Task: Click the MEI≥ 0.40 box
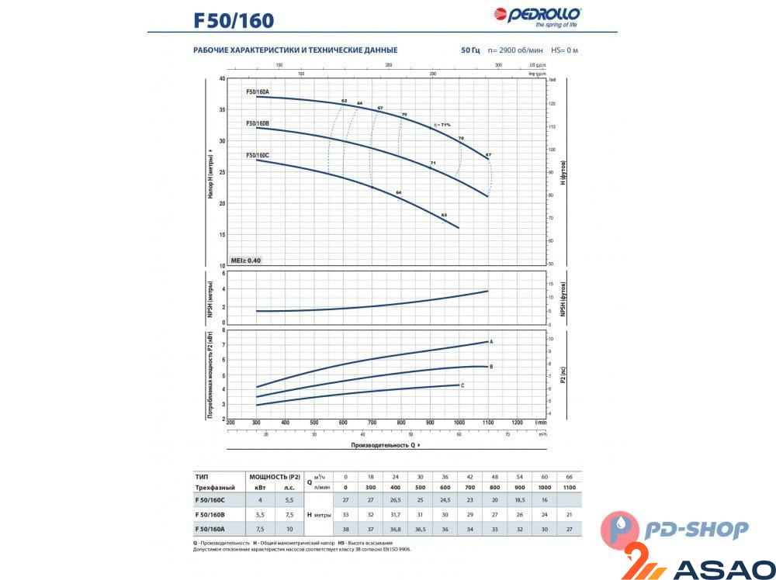(245, 260)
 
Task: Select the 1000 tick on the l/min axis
(459, 423)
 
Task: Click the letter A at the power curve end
(492, 341)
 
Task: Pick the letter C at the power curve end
(462, 385)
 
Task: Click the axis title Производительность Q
(385, 446)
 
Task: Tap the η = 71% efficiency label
(442, 124)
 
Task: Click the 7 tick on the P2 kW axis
(223, 344)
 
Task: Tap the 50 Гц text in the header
(470, 50)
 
